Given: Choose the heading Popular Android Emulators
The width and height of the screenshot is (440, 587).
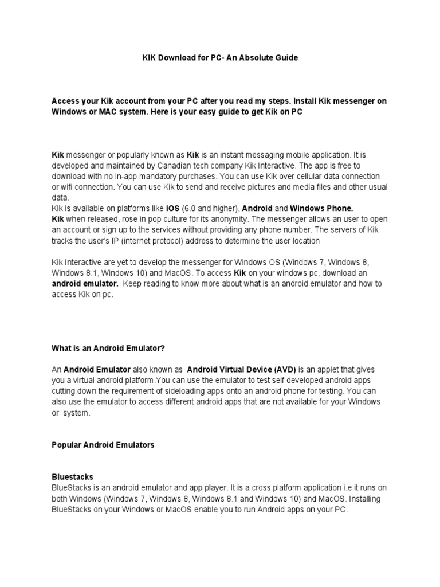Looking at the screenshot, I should click(103, 444).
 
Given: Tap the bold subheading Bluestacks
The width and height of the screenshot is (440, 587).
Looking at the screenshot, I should click(72, 477).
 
